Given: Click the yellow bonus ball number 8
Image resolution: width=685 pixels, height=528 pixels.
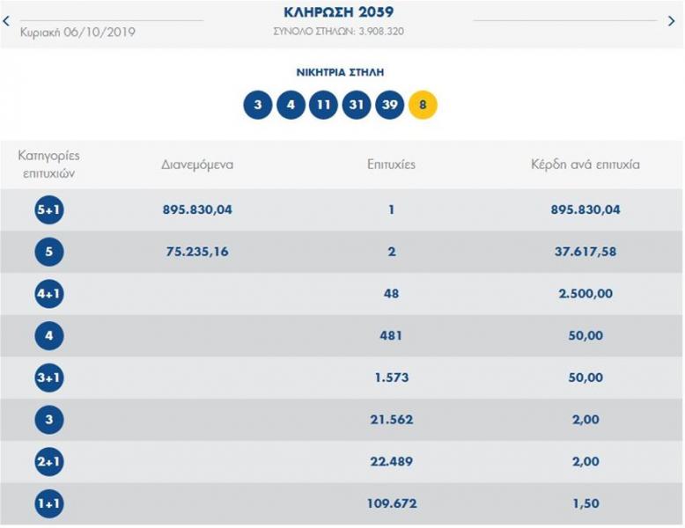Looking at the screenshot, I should click(423, 105).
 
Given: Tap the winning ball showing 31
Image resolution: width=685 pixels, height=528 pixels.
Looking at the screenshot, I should click(357, 105).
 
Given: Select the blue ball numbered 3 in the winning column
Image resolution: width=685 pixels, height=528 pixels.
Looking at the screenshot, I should click(257, 105).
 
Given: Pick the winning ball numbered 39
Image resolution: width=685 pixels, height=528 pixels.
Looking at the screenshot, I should click(389, 105).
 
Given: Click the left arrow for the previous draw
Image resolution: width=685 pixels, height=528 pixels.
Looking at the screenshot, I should click(8, 20).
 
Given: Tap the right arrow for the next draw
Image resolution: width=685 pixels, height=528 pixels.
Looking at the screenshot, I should click(672, 20).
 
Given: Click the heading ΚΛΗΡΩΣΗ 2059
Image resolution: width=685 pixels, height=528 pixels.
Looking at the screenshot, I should click(339, 12).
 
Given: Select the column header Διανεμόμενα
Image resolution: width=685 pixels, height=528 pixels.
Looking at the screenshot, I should click(197, 164).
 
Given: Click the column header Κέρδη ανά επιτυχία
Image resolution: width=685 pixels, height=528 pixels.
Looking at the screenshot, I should click(585, 164).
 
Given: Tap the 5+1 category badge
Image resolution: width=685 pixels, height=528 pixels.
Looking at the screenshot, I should click(48, 210).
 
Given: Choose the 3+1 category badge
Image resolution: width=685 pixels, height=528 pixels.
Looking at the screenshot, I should click(48, 378).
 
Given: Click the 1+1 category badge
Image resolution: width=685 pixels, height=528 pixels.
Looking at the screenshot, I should click(48, 503).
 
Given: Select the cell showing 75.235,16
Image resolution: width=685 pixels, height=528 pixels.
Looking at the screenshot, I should click(197, 252).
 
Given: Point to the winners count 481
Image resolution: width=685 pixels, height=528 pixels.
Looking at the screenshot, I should click(391, 335).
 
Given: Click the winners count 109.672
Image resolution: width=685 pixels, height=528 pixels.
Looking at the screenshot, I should click(391, 503).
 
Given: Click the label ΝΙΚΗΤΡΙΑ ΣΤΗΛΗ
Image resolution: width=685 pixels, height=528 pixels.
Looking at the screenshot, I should click(339, 72).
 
